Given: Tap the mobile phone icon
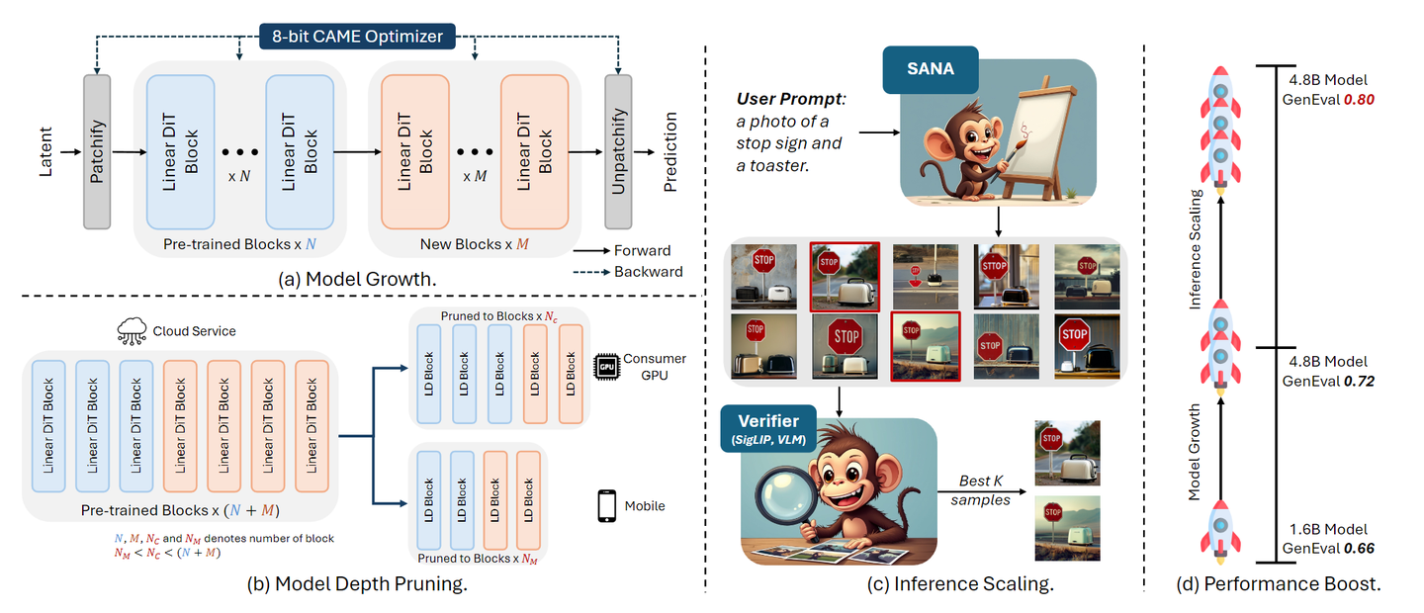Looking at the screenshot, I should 607,505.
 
